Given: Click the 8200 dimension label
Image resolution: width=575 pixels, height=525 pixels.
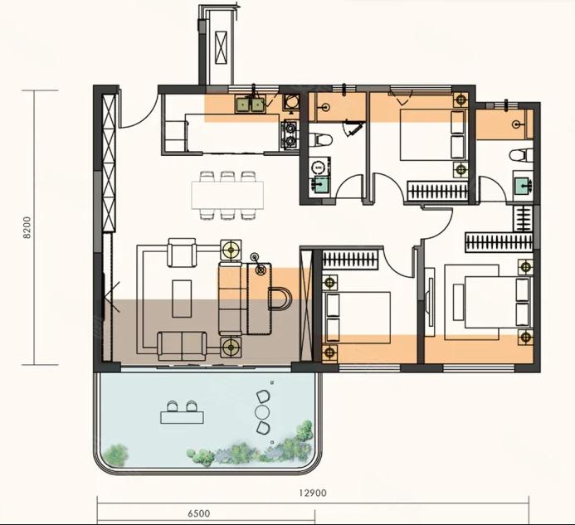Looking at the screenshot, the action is coord(27,228).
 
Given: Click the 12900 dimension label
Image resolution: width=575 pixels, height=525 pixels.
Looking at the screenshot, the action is coord(313,493).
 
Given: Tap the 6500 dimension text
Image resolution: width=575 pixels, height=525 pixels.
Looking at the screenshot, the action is coord(199,513).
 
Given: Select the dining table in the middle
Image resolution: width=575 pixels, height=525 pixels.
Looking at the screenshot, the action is coord(227,195).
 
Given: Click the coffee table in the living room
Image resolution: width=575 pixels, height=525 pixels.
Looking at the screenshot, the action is coord(182,299).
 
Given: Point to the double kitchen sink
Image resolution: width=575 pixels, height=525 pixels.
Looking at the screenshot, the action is coord(250,105).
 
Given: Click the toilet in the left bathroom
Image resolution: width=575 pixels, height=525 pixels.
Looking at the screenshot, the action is coord(320,139).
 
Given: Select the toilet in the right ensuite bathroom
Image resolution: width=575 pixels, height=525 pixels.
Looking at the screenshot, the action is coord(521,155).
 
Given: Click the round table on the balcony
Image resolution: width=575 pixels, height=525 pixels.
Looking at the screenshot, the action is coord(262,412).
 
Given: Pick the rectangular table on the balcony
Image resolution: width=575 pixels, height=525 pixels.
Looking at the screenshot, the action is coord(182,417).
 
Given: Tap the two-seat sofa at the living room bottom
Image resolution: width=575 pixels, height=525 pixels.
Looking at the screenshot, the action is coord(183,346).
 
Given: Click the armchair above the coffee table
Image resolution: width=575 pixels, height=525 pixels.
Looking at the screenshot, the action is coord(182,252).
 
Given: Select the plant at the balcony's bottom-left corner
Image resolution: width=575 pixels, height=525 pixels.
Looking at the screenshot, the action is coord(116,455).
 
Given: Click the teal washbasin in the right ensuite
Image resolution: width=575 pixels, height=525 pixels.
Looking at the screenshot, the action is coord(523,186).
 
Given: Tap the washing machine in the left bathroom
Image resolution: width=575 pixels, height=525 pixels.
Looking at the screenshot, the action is coord(318,168).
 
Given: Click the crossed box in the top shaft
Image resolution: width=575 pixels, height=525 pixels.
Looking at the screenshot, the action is coord(221,47).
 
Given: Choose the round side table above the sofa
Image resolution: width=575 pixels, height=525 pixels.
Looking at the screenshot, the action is coord(231,250).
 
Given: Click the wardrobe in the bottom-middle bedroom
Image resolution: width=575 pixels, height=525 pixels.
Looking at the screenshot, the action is coord(350,260).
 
